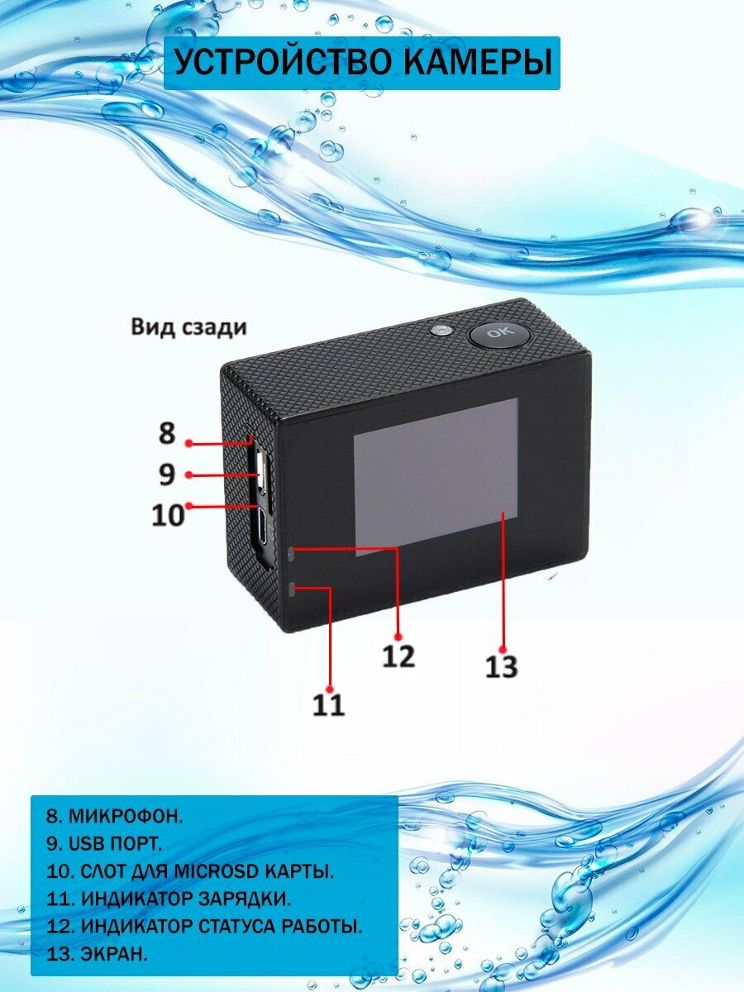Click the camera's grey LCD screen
(x=436, y=476)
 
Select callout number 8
(x=168, y=433)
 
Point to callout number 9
(x=167, y=475)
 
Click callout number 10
(x=168, y=515)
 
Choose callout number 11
(x=328, y=704)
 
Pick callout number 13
(x=501, y=665)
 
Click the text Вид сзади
(x=188, y=327)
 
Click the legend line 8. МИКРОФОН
(x=114, y=816)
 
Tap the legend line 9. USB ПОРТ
(x=104, y=844)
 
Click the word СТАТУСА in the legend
(x=251, y=926)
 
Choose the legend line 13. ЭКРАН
(x=97, y=954)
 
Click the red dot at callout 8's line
(x=189, y=443)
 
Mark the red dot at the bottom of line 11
(x=329, y=688)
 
